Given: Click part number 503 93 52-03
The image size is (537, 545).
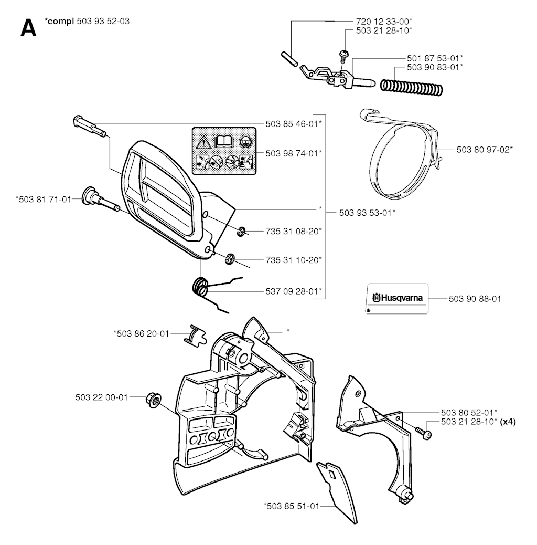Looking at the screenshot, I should click(103, 21).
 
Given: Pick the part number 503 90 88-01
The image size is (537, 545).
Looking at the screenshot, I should click(475, 299).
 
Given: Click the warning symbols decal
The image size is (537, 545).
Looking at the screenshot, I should click(224, 151).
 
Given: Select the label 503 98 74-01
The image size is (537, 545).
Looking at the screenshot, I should click(294, 153).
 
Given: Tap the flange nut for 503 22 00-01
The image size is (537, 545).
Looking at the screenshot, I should click(153, 400).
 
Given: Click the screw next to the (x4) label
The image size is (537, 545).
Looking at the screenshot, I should click(423, 433).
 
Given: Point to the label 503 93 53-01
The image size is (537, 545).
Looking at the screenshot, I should click(367, 213).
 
